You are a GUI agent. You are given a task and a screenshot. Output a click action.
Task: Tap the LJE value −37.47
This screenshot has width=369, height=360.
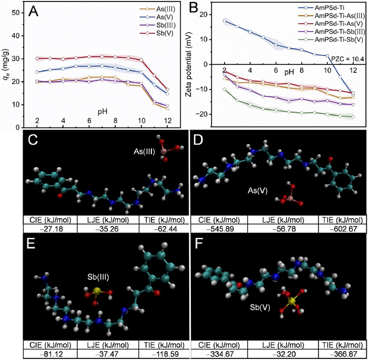coord(104,349)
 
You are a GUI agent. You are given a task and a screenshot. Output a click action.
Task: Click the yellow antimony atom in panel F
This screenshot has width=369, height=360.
coord(289,301)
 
